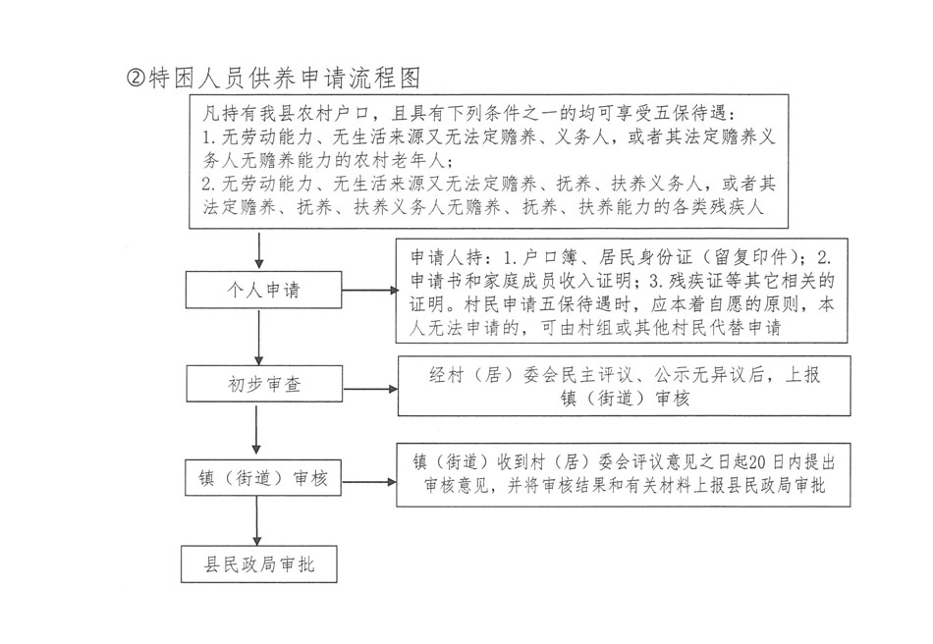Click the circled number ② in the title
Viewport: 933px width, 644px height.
[x=137, y=79]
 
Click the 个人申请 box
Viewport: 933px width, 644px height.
[x=257, y=291]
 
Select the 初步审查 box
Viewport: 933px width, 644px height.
[x=257, y=385]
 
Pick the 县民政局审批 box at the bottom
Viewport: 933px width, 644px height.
[x=257, y=565]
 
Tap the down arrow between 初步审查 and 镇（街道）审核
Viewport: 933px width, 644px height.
[x=257, y=431]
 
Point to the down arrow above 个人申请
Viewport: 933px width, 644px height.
[x=257, y=250]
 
